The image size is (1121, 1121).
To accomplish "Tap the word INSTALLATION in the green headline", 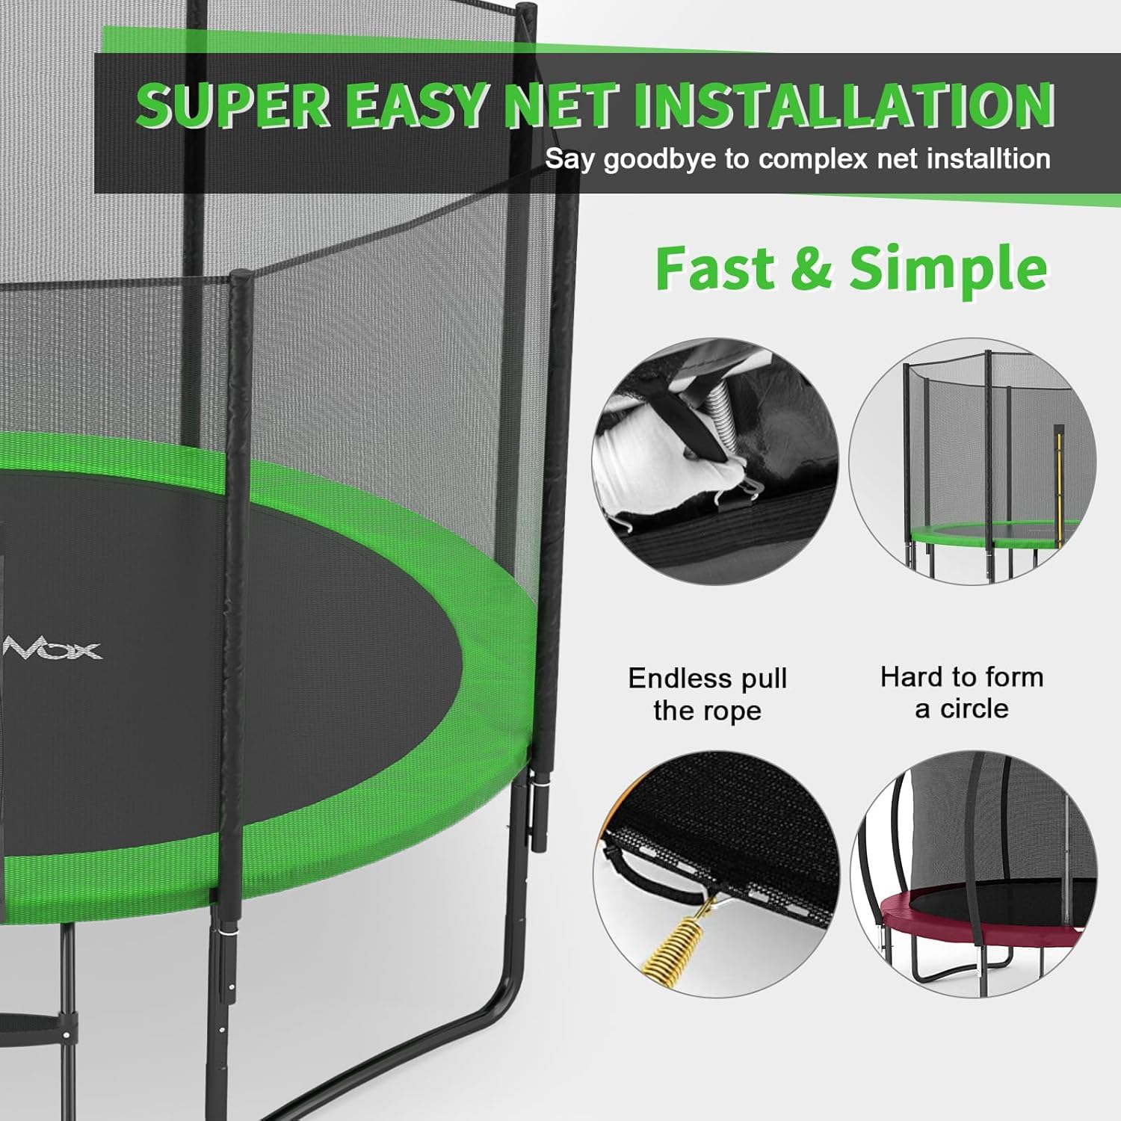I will [844, 105].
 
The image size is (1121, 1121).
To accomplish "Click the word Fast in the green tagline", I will [714, 268].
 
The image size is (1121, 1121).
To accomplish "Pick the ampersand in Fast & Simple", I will [811, 268].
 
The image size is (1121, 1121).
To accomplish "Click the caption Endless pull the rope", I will [707, 694].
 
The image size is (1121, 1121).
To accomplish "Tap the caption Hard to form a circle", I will [962, 693].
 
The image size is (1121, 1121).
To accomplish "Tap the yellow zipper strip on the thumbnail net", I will [1058, 478].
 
